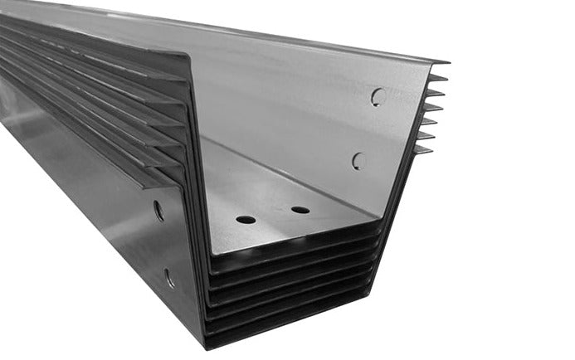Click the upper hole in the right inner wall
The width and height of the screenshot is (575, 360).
(378, 97)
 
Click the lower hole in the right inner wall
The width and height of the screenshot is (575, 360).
(358, 161)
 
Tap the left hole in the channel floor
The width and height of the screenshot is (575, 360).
(246, 220)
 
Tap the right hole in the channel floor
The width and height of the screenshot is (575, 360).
(300, 210)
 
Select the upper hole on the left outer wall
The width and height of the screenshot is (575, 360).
(158, 211)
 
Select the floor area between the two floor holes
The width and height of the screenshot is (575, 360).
(273, 215)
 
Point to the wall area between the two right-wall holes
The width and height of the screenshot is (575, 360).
(368, 129)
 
